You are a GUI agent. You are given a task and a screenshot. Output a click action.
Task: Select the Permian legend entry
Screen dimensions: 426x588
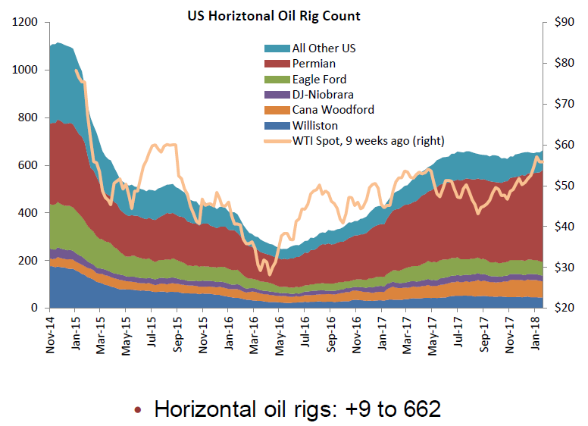click(x=314, y=64)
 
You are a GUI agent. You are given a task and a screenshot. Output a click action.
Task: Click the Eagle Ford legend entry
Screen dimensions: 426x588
click(x=320, y=79)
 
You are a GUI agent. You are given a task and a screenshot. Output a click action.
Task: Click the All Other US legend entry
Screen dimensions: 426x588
click(x=324, y=48)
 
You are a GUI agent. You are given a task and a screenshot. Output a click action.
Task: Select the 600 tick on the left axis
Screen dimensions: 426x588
click(x=30, y=165)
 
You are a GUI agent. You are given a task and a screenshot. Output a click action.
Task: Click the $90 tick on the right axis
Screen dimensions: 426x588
click(x=563, y=23)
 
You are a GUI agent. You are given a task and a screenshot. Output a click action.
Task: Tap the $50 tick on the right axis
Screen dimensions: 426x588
click(x=563, y=186)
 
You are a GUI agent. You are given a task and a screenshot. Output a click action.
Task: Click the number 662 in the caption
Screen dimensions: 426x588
click(x=418, y=409)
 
